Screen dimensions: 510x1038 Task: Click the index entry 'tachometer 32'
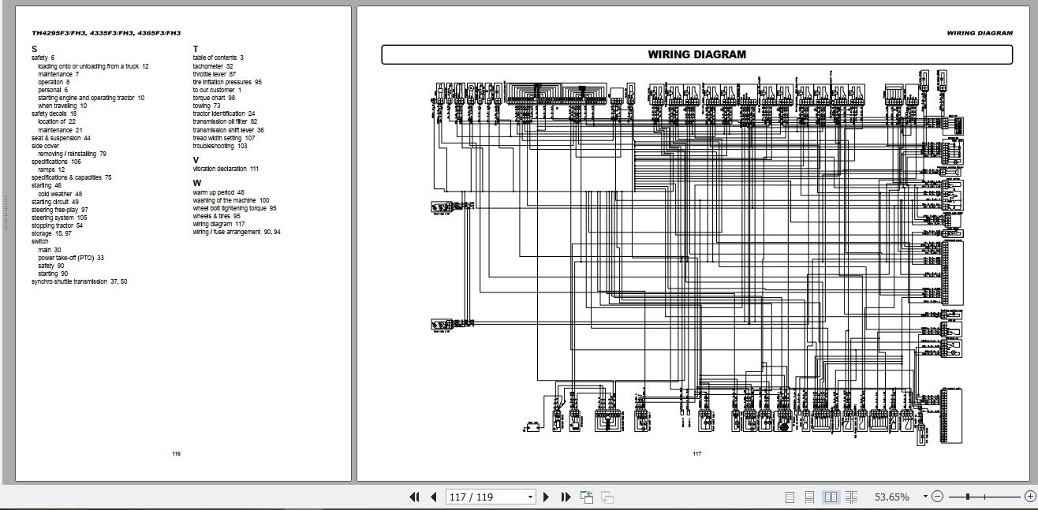(213, 66)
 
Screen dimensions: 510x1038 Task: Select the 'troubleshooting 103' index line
(219, 146)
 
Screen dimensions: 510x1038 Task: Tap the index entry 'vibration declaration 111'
(226, 169)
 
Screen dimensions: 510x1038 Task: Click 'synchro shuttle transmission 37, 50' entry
(79, 281)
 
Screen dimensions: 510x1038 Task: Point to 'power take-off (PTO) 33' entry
(71, 258)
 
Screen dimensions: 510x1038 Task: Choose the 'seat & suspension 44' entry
(61, 138)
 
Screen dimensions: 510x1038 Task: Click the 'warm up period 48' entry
(218, 192)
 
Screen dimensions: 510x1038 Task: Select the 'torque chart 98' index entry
(214, 98)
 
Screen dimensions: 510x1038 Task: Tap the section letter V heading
(196, 160)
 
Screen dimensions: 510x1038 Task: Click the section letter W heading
(196, 183)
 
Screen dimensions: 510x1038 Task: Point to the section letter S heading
(34, 49)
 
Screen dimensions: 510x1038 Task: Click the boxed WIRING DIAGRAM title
(696, 54)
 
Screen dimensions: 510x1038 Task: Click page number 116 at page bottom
(176, 454)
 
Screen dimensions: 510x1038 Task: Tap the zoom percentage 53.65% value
(891, 497)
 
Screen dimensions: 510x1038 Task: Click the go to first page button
(414, 497)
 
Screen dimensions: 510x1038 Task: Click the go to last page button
(566, 497)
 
